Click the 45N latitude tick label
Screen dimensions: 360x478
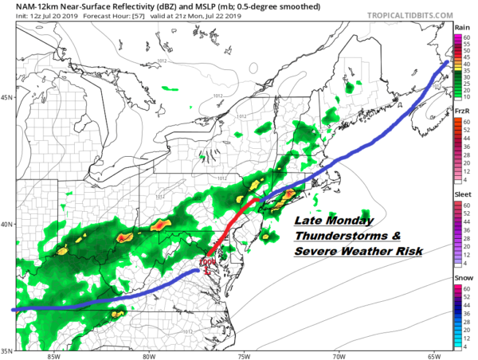coord(6,98)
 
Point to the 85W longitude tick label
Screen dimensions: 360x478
coord(56,355)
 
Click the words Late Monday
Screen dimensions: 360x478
coord(326,221)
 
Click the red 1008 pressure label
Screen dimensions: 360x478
coord(208,260)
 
